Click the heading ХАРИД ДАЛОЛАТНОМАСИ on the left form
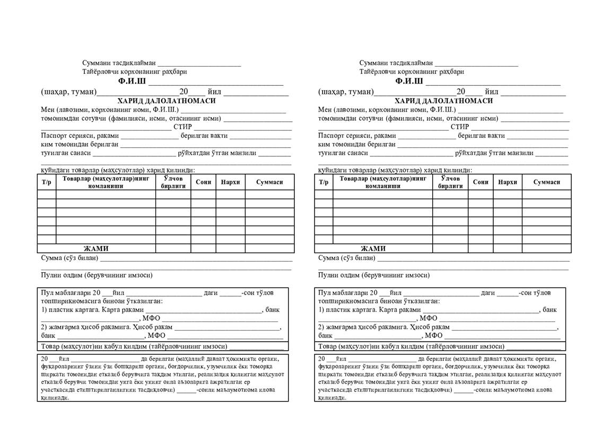167,101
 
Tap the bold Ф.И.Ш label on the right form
409,82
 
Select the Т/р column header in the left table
47,182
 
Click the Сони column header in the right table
481,182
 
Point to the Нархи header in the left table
230,182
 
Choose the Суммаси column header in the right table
546,182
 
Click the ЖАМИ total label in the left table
96,248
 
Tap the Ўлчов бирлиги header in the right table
450,182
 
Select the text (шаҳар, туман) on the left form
69,92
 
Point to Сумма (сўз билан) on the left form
69,258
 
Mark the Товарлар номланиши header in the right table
383,182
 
